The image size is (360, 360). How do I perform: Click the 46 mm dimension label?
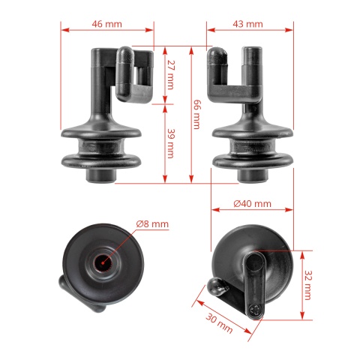pyautogui.click(x=106, y=24)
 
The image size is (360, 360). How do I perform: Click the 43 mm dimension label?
pyautogui.click(x=247, y=24)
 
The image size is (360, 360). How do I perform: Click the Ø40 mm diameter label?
pyautogui.click(x=252, y=204)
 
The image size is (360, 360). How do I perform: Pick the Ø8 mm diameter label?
pyautogui.click(x=152, y=223)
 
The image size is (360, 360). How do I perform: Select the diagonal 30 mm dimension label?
pyautogui.click(x=218, y=322)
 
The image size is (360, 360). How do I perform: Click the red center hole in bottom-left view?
pyautogui.click(x=102, y=262)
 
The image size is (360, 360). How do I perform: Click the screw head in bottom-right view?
pyautogui.click(x=258, y=308)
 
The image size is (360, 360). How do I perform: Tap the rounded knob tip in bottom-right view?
pyautogui.click(x=214, y=286)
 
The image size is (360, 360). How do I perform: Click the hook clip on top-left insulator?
pyautogui.click(x=135, y=75)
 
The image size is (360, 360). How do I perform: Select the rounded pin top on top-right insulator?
pyautogui.click(x=216, y=57)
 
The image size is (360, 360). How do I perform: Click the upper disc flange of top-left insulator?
pyautogui.click(x=101, y=136)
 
